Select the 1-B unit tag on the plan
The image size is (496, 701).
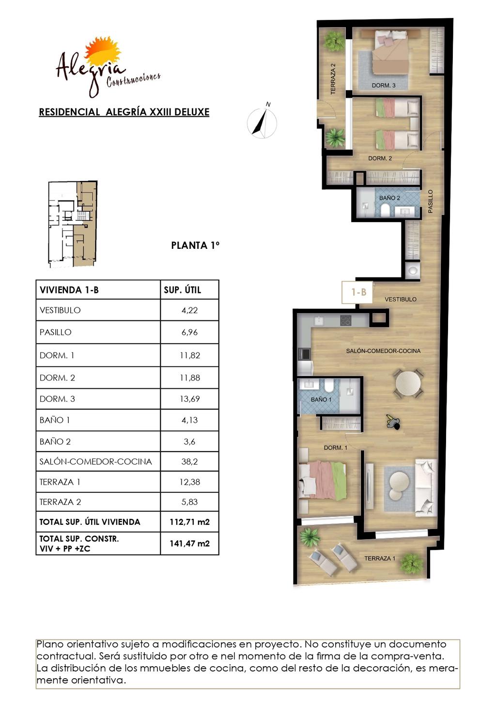tap(358, 292)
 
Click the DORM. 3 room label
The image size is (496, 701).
tap(384, 85)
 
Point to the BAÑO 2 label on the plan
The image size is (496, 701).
tap(389, 198)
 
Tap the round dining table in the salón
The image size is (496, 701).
tap(408, 384)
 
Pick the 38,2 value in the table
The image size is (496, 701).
tap(189, 461)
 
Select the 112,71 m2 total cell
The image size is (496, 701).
tap(189, 522)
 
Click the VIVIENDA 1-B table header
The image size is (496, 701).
tap(69, 290)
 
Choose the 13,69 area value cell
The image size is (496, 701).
tap(189, 399)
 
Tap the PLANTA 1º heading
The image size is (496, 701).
tap(195, 245)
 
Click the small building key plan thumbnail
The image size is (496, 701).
tap(73, 224)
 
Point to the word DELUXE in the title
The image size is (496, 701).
tap(192, 112)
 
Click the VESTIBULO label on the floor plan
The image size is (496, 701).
tap(401, 299)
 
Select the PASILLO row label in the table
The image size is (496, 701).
tap(55, 332)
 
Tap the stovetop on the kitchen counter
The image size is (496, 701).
tap(346, 320)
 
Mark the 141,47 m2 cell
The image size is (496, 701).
tap(189, 544)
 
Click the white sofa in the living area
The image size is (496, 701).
tap(426, 488)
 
